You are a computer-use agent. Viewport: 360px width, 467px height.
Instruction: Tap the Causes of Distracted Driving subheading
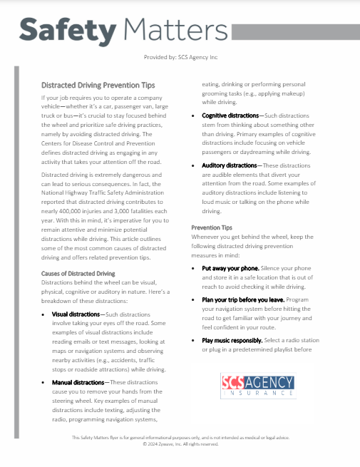pos(78,273)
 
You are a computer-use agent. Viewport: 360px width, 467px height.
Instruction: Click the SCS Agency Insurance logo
pos(258,386)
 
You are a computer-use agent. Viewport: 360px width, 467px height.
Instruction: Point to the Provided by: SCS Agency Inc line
pos(180,56)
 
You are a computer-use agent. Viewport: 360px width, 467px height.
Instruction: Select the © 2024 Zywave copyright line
pos(180,443)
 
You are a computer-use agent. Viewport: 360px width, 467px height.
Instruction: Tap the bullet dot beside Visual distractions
pos(44,314)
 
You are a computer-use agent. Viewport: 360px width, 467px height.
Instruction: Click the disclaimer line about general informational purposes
pos(180,437)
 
